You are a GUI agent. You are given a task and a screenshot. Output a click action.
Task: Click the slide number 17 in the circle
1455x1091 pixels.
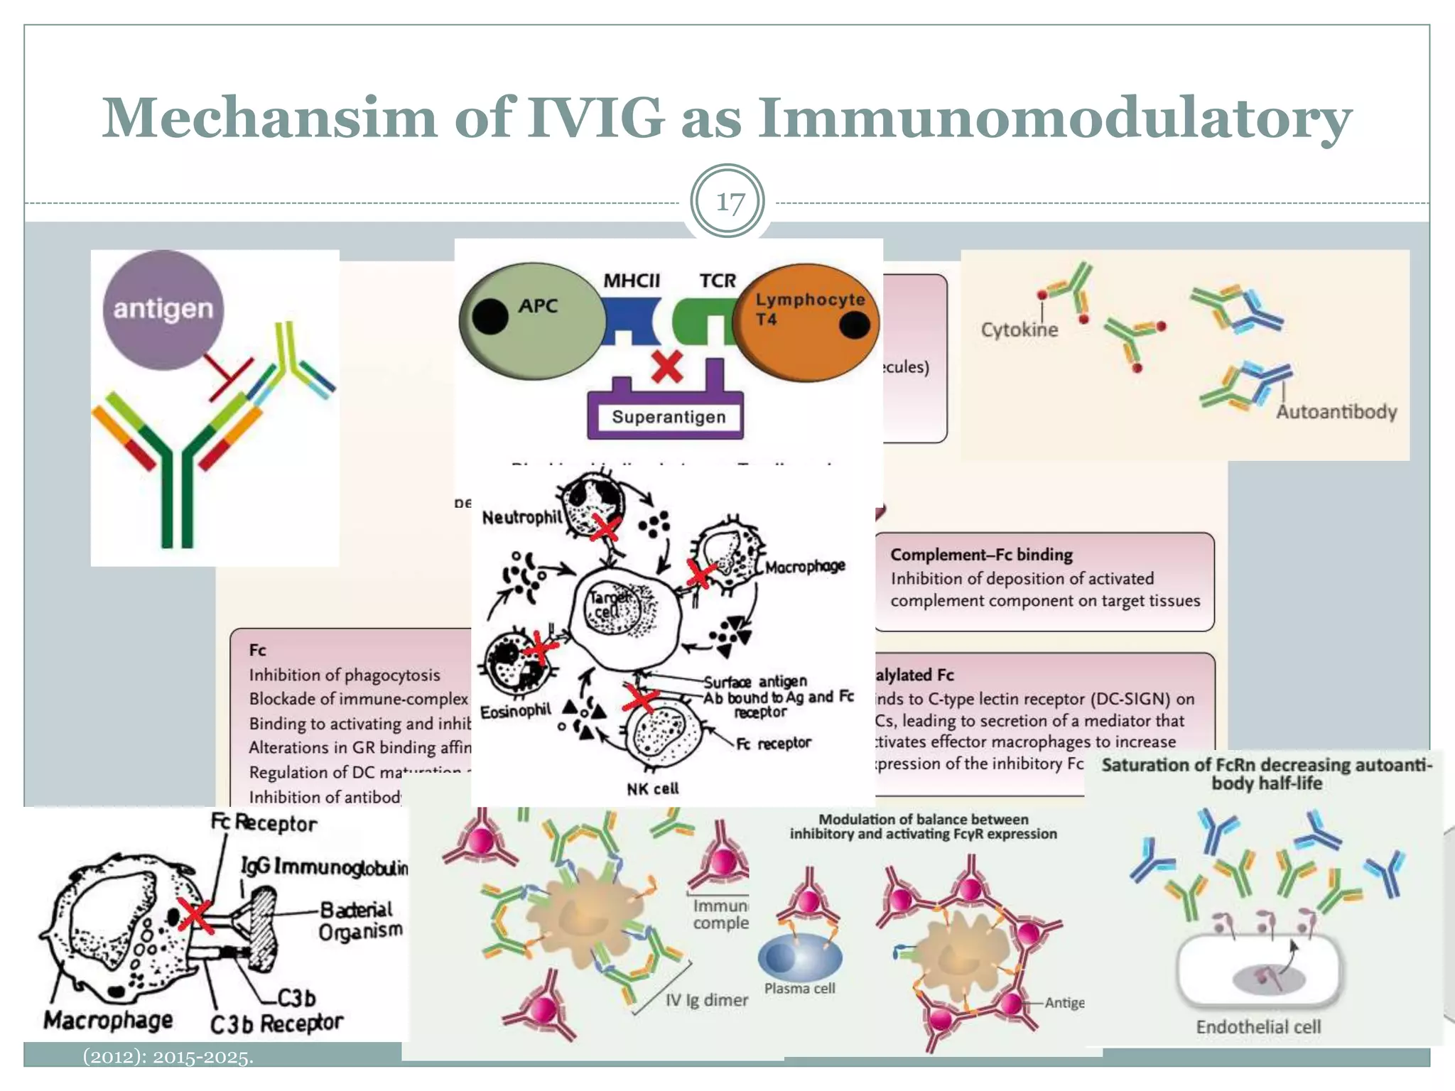(x=729, y=202)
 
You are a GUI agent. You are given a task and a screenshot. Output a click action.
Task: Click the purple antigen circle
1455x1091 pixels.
(x=163, y=310)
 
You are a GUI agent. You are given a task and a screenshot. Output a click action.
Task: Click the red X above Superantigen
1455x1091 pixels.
(x=666, y=367)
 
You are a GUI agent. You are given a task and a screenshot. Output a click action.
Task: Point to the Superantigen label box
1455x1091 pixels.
(x=668, y=417)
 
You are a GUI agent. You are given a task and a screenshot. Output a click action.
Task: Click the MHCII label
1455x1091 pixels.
(x=631, y=281)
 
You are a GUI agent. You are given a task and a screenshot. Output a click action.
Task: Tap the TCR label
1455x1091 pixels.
(x=718, y=281)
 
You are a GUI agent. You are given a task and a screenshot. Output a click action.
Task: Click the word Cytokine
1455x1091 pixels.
(x=1019, y=330)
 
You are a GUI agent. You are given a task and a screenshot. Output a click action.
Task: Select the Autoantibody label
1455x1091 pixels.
(x=1336, y=412)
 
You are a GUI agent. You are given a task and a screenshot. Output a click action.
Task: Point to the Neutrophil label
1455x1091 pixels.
(x=521, y=517)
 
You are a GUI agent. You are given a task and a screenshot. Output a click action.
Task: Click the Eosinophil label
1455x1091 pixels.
(x=515, y=711)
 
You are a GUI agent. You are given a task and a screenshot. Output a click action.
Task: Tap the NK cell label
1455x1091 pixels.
(x=652, y=788)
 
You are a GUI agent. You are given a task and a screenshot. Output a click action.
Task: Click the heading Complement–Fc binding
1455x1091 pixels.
(x=981, y=555)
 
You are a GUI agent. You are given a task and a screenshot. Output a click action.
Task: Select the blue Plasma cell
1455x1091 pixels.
(x=800, y=957)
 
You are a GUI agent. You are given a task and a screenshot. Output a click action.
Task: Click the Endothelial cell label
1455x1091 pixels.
(x=1258, y=1026)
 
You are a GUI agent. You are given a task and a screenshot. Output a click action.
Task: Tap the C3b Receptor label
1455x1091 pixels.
(x=276, y=1024)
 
